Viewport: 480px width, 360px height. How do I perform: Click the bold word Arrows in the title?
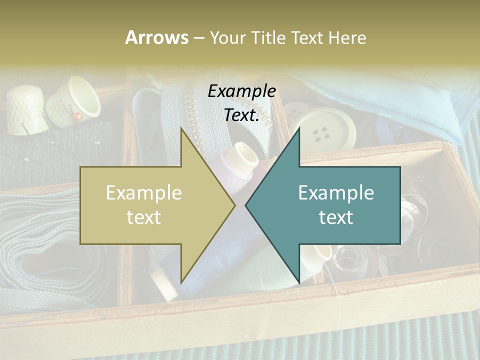tap(156, 37)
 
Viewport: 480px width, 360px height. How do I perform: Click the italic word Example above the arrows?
tap(241, 91)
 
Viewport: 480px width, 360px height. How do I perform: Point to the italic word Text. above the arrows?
tap(241, 115)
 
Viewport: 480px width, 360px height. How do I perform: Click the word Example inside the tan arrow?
tap(143, 193)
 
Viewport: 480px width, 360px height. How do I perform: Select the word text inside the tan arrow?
tap(143, 217)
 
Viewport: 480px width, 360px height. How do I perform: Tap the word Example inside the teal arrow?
tap(336, 193)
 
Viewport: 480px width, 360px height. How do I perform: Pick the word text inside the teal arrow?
tap(336, 217)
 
